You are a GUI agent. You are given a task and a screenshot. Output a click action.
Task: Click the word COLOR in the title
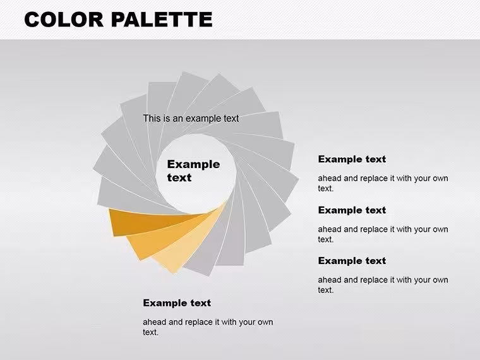pyautogui.click(x=64, y=20)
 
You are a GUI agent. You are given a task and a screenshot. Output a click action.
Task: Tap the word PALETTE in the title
pyautogui.click(x=162, y=20)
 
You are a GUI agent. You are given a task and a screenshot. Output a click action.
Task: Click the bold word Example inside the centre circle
pyautogui.click(x=193, y=164)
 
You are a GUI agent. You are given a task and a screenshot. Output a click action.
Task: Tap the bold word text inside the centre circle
pyautogui.click(x=179, y=177)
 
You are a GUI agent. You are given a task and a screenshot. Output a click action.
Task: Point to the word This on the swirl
pyautogui.click(x=152, y=118)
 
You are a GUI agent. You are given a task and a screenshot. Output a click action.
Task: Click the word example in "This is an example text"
pyautogui.click(x=204, y=119)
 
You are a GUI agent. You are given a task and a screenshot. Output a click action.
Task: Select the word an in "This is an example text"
pyautogui.click(x=177, y=119)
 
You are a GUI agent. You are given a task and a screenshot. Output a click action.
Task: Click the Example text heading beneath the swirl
pyautogui.click(x=177, y=303)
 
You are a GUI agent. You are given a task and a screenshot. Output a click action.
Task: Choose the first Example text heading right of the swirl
pyautogui.click(x=352, y=159)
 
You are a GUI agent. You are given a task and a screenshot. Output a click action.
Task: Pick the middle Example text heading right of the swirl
pyautogui.click(x=352, y=210)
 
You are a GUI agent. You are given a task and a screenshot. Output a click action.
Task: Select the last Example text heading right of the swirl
pyautogui.click(x=352, y=260)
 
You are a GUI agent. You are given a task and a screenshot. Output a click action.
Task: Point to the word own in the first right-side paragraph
pyautogui.click(x=440, y=179)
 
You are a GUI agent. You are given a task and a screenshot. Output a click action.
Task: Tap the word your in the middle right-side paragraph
pyautogui.click(x=422, y=230)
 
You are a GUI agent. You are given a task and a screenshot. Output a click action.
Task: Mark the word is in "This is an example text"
pyautogui.click(x=167, y=118)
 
